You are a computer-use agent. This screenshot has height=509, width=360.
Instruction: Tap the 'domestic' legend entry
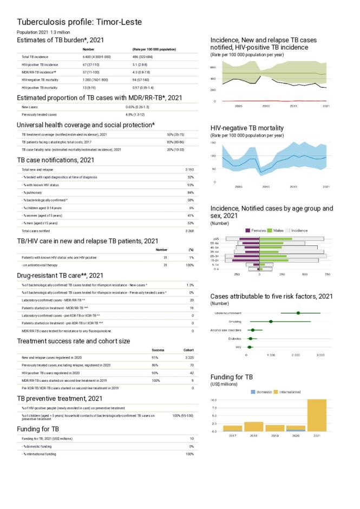[x=263, y=391]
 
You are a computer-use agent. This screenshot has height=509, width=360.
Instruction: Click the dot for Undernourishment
[x=298, y=313]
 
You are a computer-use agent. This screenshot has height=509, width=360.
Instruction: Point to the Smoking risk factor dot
[x=271, y=322]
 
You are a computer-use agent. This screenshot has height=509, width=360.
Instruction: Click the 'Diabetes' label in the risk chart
[x=234, y=338]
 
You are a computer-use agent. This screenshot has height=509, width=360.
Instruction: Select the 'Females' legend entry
[x=258, y=231]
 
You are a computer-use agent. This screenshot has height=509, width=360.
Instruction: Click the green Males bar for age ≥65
[x=276, y=239]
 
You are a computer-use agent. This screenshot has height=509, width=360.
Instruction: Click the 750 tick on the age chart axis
[x=326, y=275]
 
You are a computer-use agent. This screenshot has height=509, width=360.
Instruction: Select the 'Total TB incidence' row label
[x=35, y=56]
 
